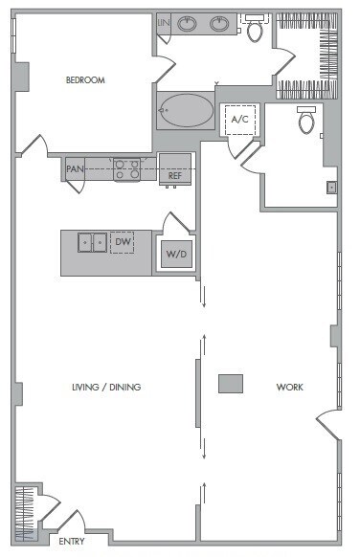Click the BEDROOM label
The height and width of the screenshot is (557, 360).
click(x=84, y=80)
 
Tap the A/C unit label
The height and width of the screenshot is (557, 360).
click(x=240, y=119)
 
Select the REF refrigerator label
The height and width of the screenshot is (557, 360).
click(x=174, y=176)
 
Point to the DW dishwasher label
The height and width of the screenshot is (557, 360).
click(x=123, y=243)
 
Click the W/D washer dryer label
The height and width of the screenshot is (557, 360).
click(x=175, y=255)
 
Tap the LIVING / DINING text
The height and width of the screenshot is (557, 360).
click(x=106, y=388)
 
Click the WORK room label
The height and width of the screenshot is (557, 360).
click(x=289, y=388)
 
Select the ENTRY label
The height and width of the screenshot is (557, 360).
click(x=72, y=542)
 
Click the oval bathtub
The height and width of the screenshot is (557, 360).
click(x=187, y=111)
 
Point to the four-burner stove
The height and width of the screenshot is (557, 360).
click(x=127, y=169)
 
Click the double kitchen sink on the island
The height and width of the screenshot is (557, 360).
click(x=93, y=243)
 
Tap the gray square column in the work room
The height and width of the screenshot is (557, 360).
click(x=230, y=384)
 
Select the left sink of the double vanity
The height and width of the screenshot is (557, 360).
click(x=187, y=24)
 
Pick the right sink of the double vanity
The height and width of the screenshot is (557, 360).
click(x=220, y=24)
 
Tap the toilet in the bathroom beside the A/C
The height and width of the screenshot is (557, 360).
click(x=306, y=122)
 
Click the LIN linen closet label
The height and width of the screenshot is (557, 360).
click(x=162, y=21)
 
